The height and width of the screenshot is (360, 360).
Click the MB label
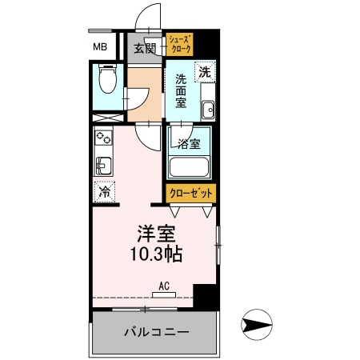click(x=101, y=46)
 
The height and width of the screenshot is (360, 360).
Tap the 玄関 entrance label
click(x=145, y=48)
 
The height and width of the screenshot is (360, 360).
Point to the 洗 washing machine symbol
click(x=206, y=71)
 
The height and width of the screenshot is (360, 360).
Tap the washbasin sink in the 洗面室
click(x=208, y=110)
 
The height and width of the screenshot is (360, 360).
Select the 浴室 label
click(x=189, y=144)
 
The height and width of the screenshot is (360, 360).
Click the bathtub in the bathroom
click(x=189, y=169)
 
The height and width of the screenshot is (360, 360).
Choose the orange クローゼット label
click(x=191, y=194)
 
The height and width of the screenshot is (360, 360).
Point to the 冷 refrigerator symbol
click(x=103, y=192)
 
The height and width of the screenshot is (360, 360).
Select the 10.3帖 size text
click(x=158, y=255)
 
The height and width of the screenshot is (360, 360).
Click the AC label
click(x=163, y=286)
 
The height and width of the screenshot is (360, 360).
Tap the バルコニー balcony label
click(x=155, y=331)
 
